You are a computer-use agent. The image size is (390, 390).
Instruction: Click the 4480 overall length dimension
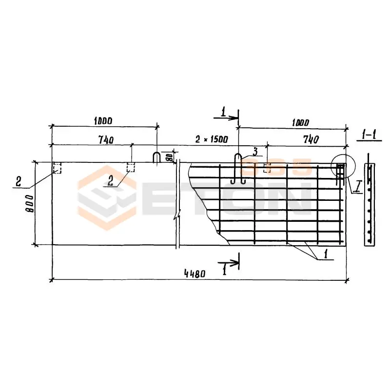pyautogui.click(x=195, y=274)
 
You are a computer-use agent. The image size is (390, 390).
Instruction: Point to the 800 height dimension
pyautogui.click(x=30, y=204)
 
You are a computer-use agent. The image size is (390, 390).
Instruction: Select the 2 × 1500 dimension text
pyautogui.click(x=212, y=139)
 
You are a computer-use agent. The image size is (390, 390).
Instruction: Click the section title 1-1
pyautogui.click(x=369, y=136)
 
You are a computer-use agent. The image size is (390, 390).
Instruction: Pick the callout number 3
pyautogui.click(x=255, y=151)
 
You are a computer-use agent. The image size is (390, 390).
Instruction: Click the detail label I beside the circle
pyautogui.click(x=358, y=187)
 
